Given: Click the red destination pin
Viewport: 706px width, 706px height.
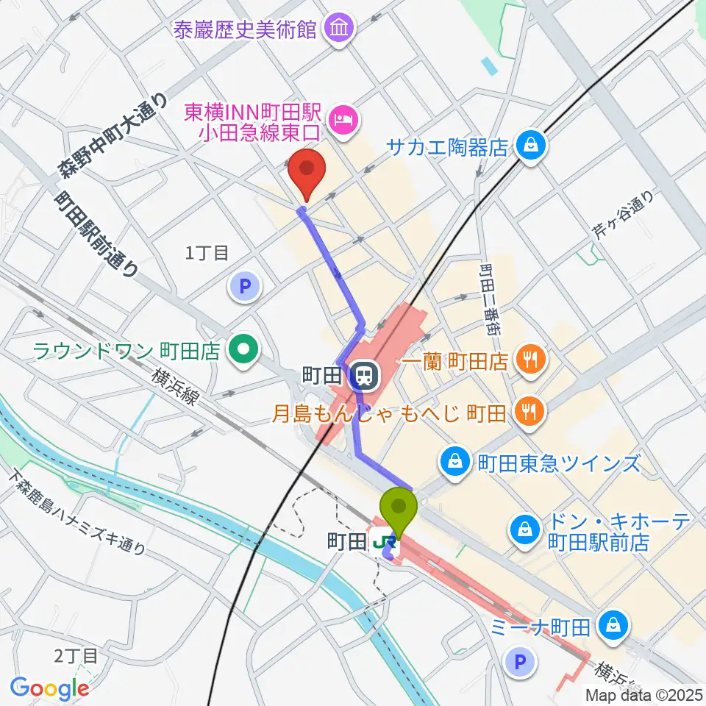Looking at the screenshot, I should [307, 172].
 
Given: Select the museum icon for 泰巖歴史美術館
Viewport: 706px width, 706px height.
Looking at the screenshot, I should [341, 29].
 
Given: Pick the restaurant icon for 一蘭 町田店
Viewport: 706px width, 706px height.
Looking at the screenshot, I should [530, 360].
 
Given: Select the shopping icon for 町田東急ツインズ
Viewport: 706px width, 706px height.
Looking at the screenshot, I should [454, 463].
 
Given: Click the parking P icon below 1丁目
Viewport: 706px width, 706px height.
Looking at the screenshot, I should [246, 286].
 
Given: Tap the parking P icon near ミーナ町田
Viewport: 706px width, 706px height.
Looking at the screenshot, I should [520, 663].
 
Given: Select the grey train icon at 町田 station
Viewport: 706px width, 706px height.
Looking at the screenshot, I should [362, 377].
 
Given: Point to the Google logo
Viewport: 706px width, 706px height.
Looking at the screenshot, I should [50, 688].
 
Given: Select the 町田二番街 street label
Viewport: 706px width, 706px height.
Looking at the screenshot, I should [490, 300].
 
